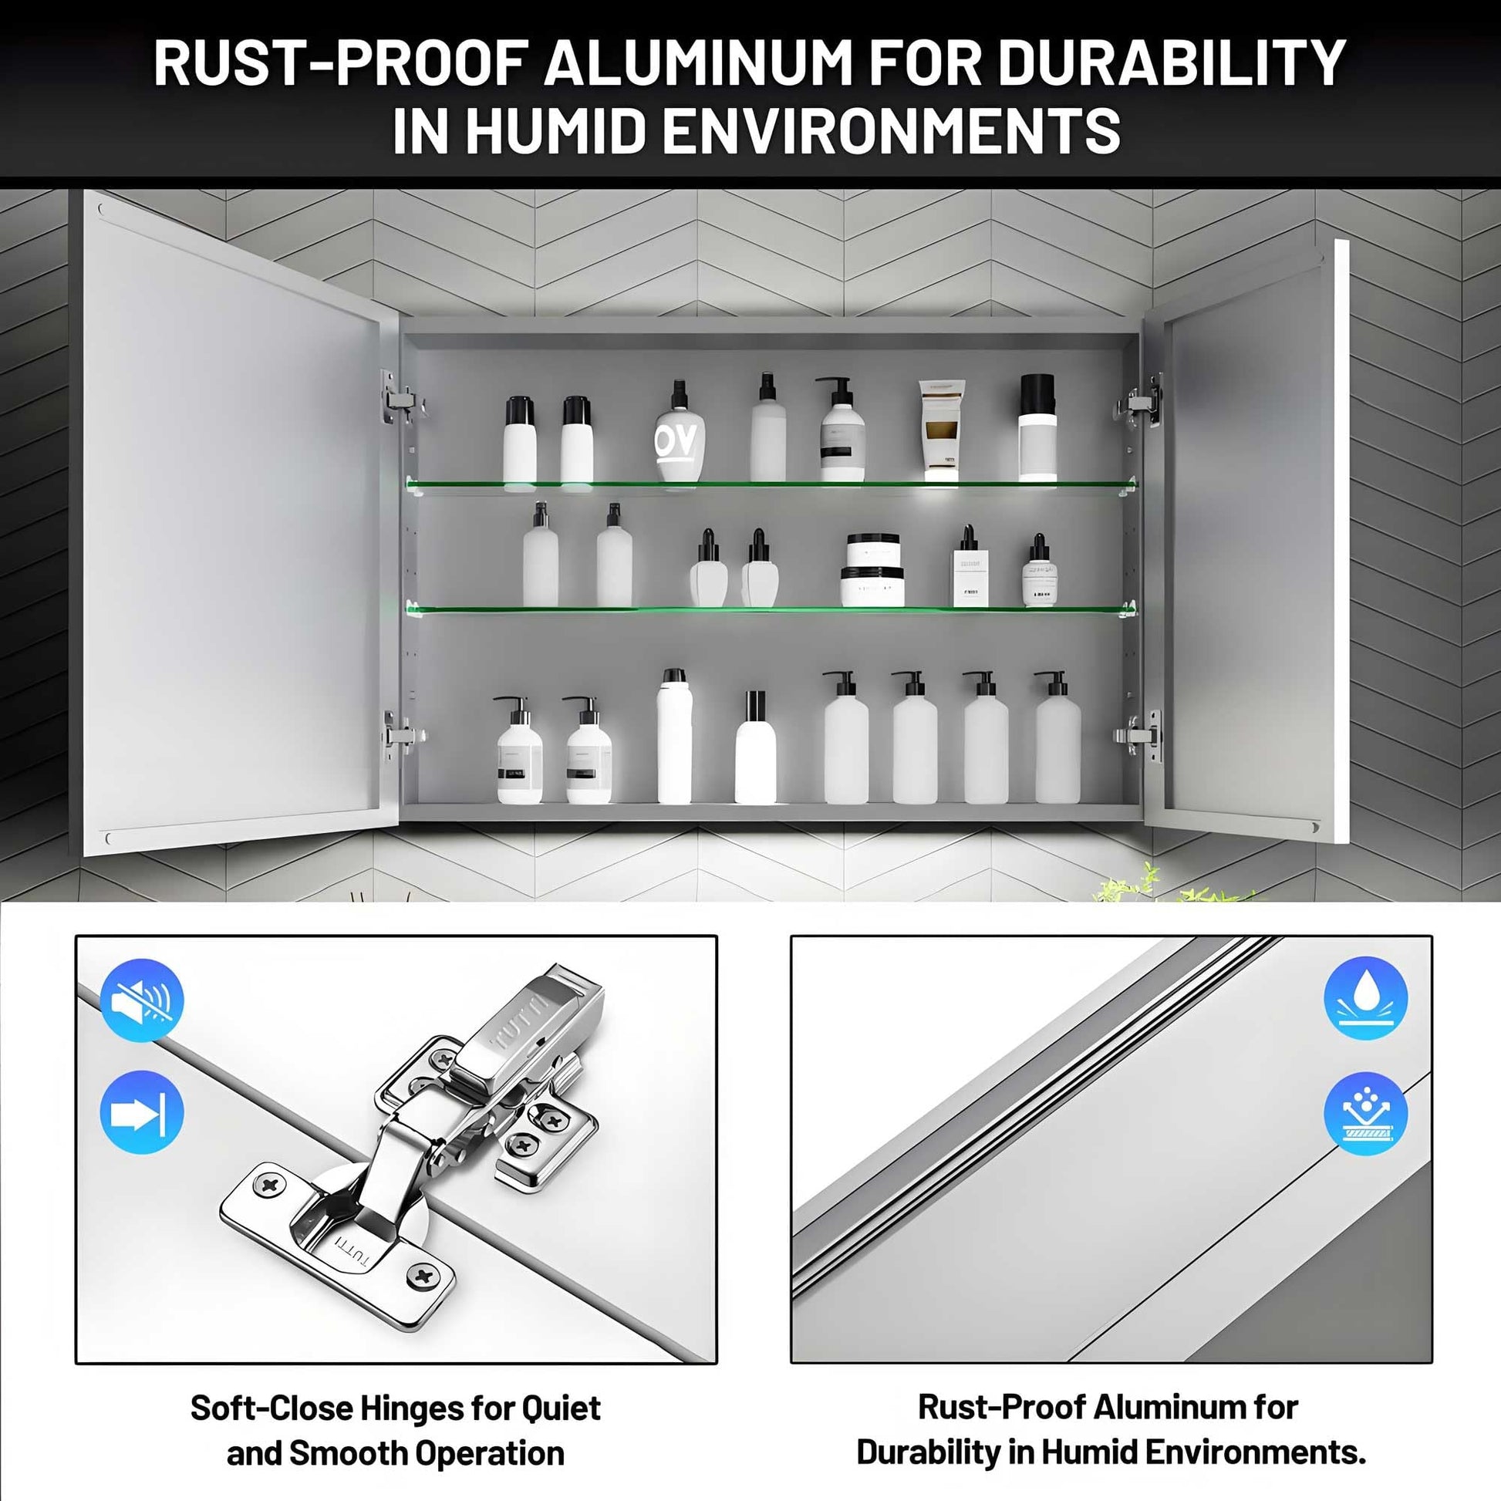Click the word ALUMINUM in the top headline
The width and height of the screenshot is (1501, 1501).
(699, 62)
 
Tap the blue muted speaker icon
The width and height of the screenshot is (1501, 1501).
(142, 1000)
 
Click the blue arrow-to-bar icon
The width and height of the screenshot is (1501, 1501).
(142, 1112)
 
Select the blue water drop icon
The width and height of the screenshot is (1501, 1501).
(1365, 999)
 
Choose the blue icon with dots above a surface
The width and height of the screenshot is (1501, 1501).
(1365, 1112)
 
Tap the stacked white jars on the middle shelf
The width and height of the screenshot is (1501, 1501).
(872, 569)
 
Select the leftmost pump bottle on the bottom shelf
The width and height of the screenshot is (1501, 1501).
(519, 750)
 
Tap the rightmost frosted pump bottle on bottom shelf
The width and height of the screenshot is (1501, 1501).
(1057, 737)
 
